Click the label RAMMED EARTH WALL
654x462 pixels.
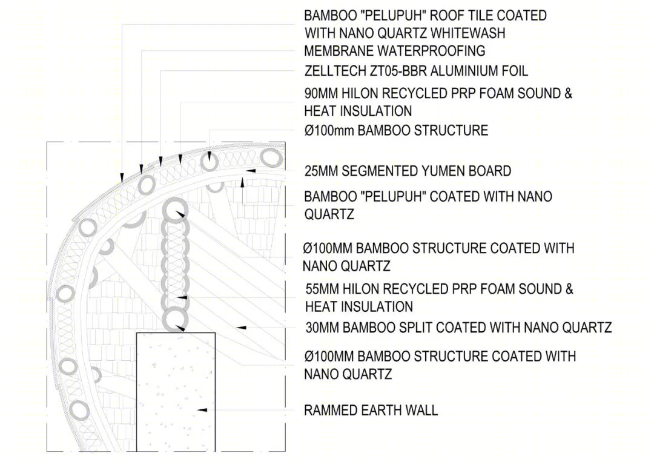(x=371, y=411)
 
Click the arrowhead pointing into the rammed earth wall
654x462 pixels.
(x=202, y=411)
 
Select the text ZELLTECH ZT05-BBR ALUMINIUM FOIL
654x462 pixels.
(x=416, y=71)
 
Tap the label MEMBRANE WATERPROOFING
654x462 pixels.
(x=395, y=51)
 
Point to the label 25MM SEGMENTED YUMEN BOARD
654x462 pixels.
(x=408, y=171)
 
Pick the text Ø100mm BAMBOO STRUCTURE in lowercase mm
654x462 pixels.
(x=396, y=131)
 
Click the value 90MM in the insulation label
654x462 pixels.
(x=321, y=93)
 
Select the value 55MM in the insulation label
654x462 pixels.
(x=322, y=289)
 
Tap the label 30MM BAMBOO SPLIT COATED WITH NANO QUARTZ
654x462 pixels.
(x=458, y=328)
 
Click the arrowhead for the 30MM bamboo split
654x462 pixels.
(x=241, y=328)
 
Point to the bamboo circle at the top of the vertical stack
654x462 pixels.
(x=175, y=210)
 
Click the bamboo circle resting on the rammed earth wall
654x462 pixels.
(x=175, y=320)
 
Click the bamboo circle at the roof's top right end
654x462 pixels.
(x=271, y=158)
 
